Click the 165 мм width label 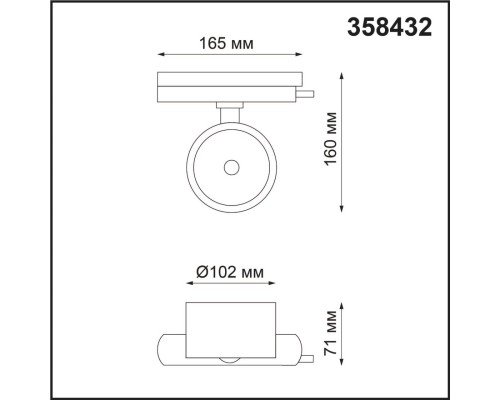point(228,44)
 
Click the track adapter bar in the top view point(229,86)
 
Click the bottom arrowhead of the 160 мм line point(344,207)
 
